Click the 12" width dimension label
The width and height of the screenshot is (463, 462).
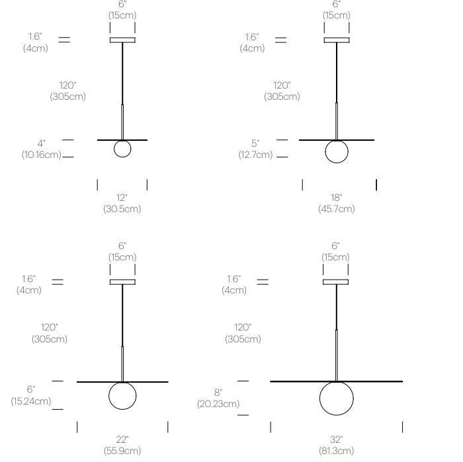click(x=122, y=198)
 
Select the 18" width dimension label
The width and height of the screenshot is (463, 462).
click(x=336, y=198)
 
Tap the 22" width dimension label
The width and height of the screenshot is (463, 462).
click(x=122, y=440)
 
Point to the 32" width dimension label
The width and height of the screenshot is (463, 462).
click(x=336, y=440)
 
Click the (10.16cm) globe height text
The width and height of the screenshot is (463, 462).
click(x=42, y=155)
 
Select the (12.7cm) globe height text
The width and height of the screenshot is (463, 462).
click(x=255, y=155)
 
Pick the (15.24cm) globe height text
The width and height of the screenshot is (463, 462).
click(x=31, y=401)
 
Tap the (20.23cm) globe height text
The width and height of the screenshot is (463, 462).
click(x=218, y=404)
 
